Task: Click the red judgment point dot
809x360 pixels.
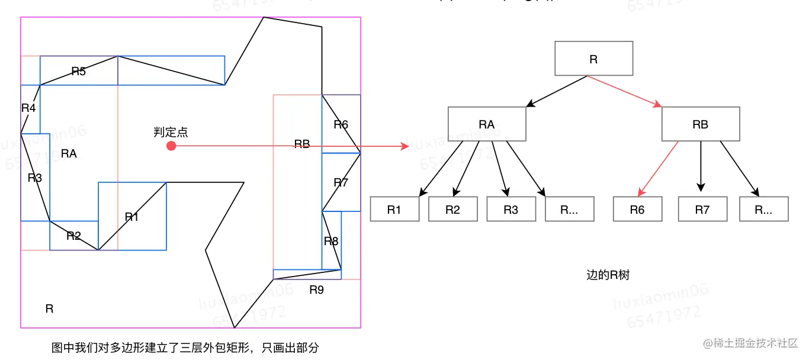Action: point(172,146)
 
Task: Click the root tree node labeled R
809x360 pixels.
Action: point(593,58)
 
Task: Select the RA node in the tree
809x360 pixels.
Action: point(487,124)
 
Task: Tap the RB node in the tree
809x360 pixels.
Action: point(700,124)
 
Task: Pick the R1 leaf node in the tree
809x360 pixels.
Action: point(394,210)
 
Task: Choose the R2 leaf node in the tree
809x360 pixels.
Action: point(452,210)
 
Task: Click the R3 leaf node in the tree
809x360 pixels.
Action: point(511,210)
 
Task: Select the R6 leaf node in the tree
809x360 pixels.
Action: point(637,210)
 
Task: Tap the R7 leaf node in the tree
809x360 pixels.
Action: point(702,210)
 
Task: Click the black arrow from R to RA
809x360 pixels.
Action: point(557,91)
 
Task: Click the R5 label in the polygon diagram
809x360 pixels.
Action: point(79,72)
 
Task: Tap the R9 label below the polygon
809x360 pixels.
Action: point(317,290)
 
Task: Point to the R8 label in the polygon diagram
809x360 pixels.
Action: point(331,241)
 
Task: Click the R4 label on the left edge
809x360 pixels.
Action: point(28,108)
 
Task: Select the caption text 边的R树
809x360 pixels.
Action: point(608,275)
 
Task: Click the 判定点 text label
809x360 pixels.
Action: point(171,133)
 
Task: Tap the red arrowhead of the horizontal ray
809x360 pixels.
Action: point(405,146)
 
